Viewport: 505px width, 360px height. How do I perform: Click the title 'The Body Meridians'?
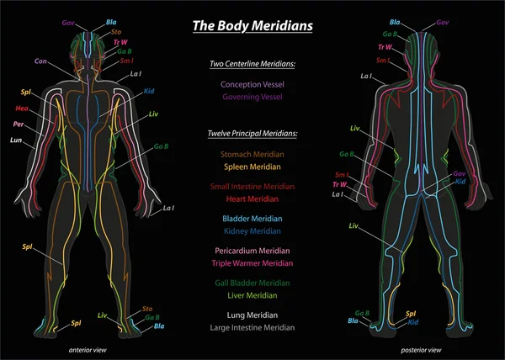(x=252, y=26)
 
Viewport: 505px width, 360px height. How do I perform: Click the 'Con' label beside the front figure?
(x=40, y=61)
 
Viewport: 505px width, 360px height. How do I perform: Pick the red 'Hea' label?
(x=22, y=108)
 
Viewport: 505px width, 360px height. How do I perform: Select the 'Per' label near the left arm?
(x=19, y=124)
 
